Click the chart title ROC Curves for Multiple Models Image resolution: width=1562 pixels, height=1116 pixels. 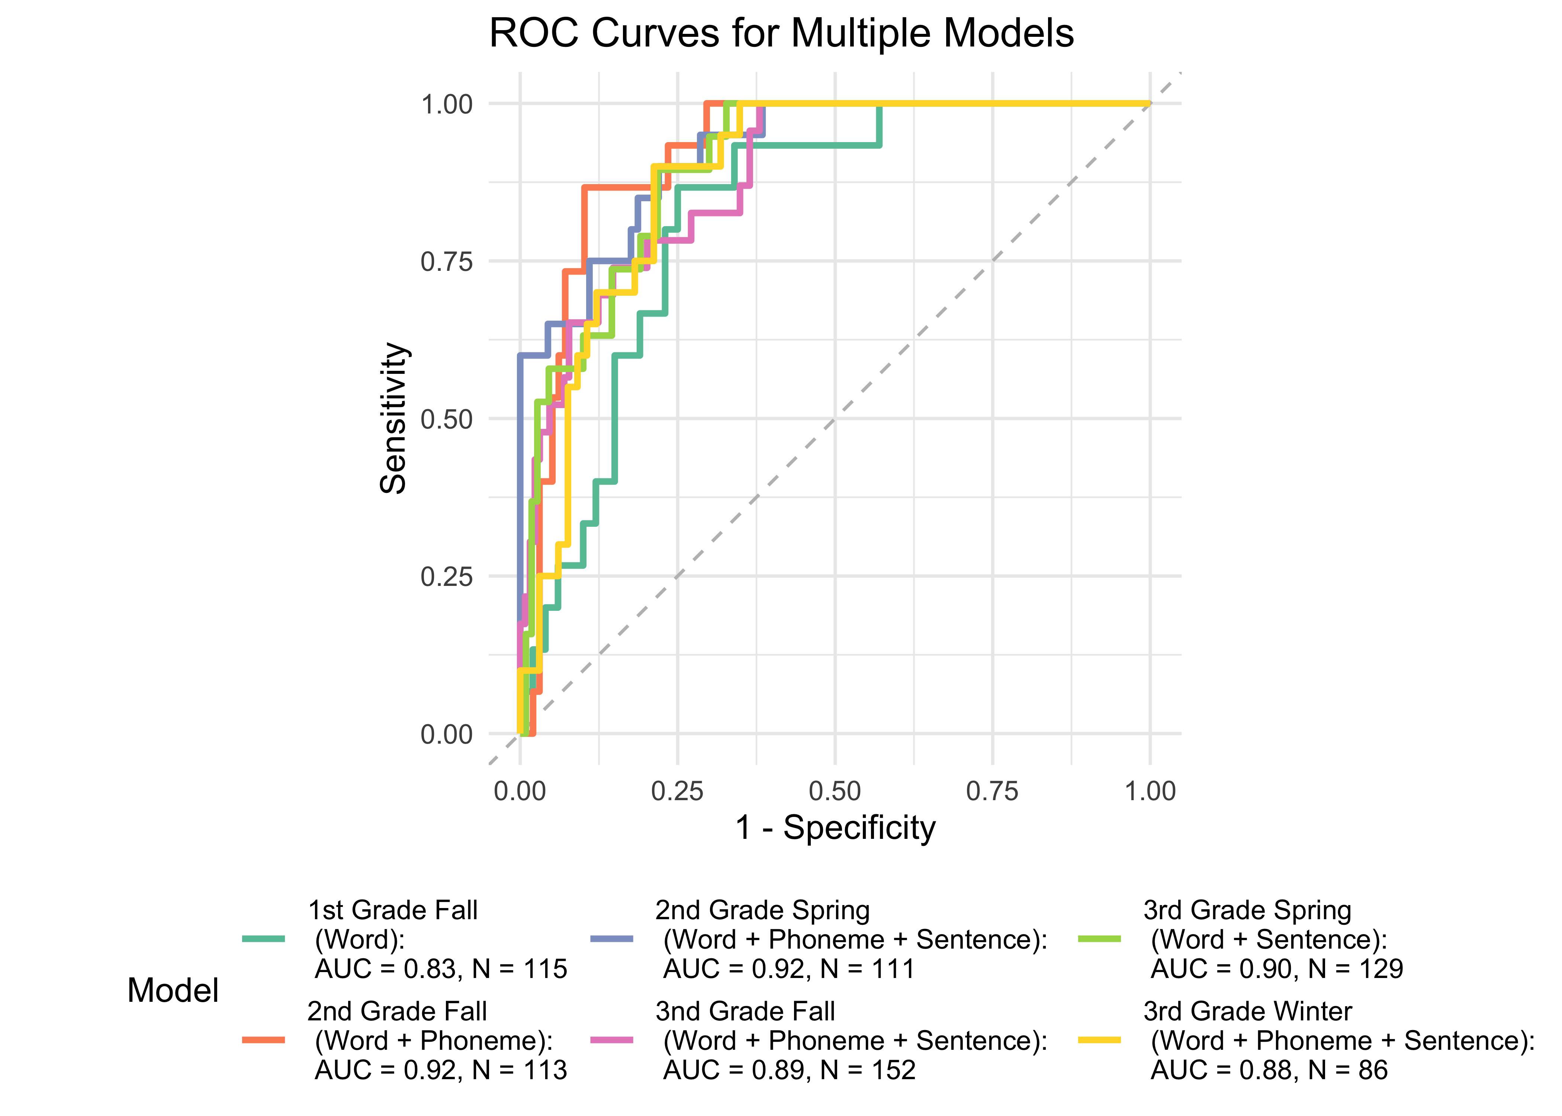(781, 33)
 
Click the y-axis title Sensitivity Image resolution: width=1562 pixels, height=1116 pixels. (393, 418)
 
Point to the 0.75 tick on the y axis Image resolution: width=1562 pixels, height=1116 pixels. (447, 262)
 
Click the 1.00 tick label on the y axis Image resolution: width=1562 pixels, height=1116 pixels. (447, 105)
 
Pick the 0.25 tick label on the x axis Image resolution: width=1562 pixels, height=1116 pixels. (677, 792)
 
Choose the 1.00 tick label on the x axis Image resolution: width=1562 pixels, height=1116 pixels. (1150, 792)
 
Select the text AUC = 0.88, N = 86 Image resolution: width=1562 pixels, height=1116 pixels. (1269, 1070)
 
